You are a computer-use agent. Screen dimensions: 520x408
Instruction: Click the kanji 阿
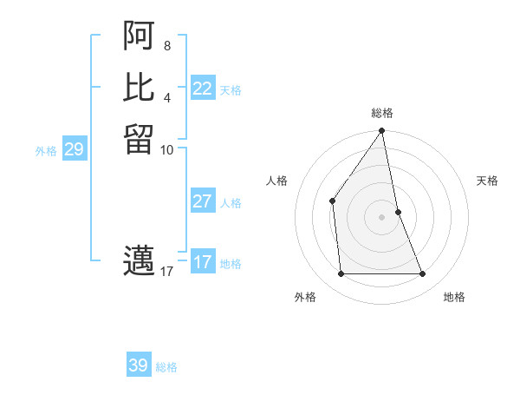(139, 36)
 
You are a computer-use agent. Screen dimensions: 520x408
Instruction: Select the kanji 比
(139, 88)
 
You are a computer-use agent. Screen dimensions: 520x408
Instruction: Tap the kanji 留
(139, 140)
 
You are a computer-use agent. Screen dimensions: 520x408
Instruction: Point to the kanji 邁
(139, 261)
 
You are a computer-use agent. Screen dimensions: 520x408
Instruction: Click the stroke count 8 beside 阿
(167, 44)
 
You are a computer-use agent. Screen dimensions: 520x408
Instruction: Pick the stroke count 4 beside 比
(167, 96)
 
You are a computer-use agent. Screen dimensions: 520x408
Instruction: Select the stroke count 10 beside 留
(167, 149)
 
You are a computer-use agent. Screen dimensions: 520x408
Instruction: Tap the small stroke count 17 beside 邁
(167, 272)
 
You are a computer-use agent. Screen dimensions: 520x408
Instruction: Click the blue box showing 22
(203, 89)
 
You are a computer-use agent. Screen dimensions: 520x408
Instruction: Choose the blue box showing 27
(203, 201)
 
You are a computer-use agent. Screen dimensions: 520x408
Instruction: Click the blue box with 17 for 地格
(203, 262)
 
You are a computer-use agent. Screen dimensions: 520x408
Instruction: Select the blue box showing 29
(74, 150)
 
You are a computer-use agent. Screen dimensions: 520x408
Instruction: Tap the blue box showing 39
(139, 365)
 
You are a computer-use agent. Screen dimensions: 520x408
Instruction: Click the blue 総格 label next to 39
(166, 367)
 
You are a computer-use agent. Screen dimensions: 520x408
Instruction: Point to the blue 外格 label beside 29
(46, 151)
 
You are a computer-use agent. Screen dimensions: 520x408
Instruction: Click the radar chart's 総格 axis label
(382, 113)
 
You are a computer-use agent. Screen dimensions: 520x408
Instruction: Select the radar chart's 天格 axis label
(488, 181)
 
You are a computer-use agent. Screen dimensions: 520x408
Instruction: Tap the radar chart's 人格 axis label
(276, 181)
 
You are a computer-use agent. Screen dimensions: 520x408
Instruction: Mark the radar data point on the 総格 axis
(382, 131)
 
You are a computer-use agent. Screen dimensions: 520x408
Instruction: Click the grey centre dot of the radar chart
(382, 216)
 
